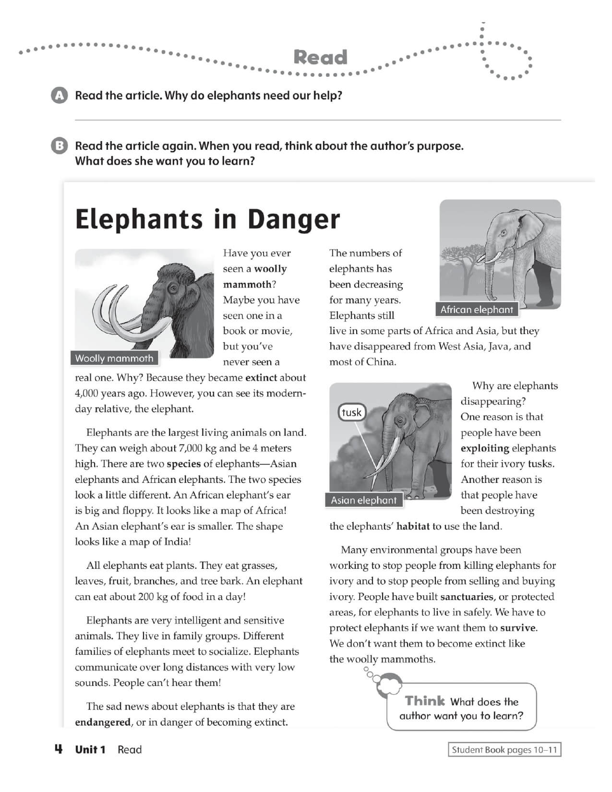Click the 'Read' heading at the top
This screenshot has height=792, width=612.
point(320,58)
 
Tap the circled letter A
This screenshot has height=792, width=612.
point(59,96)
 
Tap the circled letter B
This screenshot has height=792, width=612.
point(59,146)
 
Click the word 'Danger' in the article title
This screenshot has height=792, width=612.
point(293,219)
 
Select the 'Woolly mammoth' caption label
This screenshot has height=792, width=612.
point(114,359)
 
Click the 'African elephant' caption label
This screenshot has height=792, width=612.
point(477,310)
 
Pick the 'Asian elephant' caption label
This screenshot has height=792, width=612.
point(364,500)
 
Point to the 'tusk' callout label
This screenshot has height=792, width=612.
point(352,412)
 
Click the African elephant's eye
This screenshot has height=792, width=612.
point(503,233)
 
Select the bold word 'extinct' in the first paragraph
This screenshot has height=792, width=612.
point(261,378)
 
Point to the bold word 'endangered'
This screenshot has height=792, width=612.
point(103,722)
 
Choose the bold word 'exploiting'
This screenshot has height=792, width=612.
point(485,448)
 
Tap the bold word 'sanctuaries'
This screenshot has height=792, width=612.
point(467,597)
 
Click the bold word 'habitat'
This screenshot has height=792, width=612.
point(413,526)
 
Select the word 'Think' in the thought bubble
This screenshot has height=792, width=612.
point(425,701)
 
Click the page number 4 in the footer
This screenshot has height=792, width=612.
point(58,749)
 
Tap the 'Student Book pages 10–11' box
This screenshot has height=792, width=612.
point(504,750)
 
